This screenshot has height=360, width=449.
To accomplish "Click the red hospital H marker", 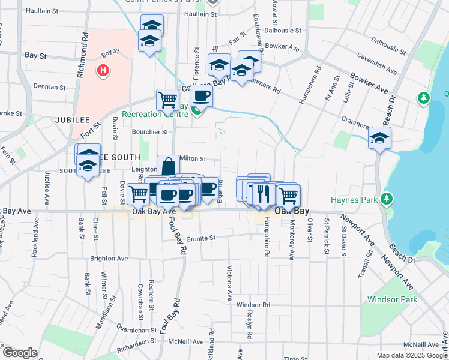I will [104, 71].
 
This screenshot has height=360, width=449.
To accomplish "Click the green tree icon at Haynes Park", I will [387, 197].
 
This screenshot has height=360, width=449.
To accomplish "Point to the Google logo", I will [19, 352].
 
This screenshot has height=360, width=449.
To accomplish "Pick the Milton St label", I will [193, 159].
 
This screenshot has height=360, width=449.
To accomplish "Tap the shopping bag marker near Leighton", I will [169, 166].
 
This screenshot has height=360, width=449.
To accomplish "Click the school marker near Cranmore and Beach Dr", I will [379, 139].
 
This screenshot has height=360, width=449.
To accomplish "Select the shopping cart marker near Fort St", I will [167, 100].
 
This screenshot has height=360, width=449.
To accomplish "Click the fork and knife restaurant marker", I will [262, 193].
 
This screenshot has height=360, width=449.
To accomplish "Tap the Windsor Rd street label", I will [253, 304].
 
